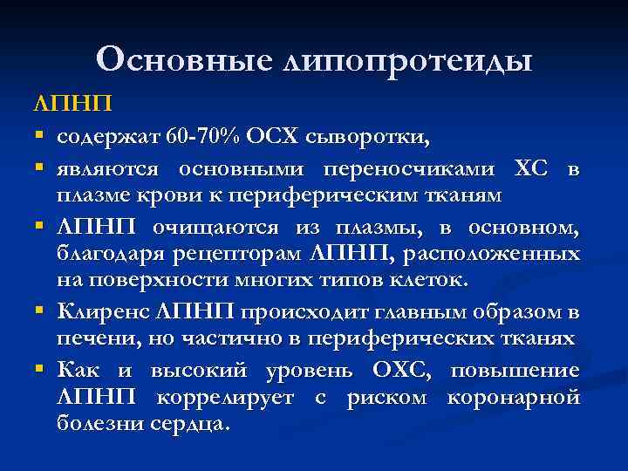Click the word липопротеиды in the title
407,61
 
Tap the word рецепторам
246,254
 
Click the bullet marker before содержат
41,137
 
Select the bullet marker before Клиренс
41,311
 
